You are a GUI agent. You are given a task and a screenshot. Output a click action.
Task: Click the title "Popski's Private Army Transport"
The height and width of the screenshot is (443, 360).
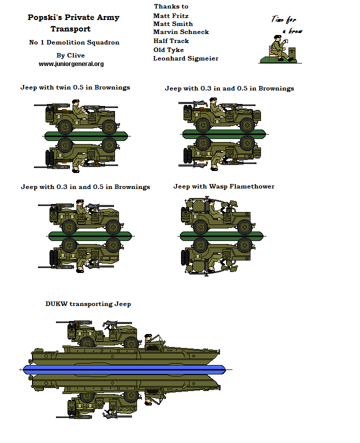(x=73, y=23)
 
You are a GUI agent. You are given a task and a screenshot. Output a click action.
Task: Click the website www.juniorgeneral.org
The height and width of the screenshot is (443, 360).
(x=71, y=64)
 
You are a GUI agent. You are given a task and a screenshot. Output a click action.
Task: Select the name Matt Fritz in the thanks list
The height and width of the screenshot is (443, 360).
(x=171, y=15)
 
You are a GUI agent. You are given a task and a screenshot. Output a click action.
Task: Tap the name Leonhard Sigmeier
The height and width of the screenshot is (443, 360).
(x=185, y=58)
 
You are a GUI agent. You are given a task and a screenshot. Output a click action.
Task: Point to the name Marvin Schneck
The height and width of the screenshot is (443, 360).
(x=181, y=32)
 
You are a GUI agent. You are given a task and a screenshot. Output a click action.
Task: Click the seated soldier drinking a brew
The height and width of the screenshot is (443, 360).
(x=277, y=48)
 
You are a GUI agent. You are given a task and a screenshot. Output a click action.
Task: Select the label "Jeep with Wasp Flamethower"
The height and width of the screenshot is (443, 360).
(x=223, y=186)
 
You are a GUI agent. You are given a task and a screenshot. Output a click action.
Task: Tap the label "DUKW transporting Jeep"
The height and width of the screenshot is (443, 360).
(x=88, y=303)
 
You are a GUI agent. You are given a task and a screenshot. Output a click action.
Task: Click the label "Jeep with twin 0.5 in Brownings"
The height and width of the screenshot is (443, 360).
(x=75, y=87)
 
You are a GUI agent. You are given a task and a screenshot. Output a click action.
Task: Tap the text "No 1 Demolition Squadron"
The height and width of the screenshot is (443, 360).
(x=74, y=42)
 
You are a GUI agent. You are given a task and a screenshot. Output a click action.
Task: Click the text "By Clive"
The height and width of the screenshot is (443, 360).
(x=70, y=55)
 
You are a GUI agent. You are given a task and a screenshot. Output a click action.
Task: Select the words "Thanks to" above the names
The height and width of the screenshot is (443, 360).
(x=171, y=6)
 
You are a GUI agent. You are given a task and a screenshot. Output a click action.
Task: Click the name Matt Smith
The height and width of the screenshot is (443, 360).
(x=173, y=23)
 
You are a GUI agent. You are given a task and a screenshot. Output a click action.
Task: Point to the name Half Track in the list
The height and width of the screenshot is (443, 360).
(x=171, y=41)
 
